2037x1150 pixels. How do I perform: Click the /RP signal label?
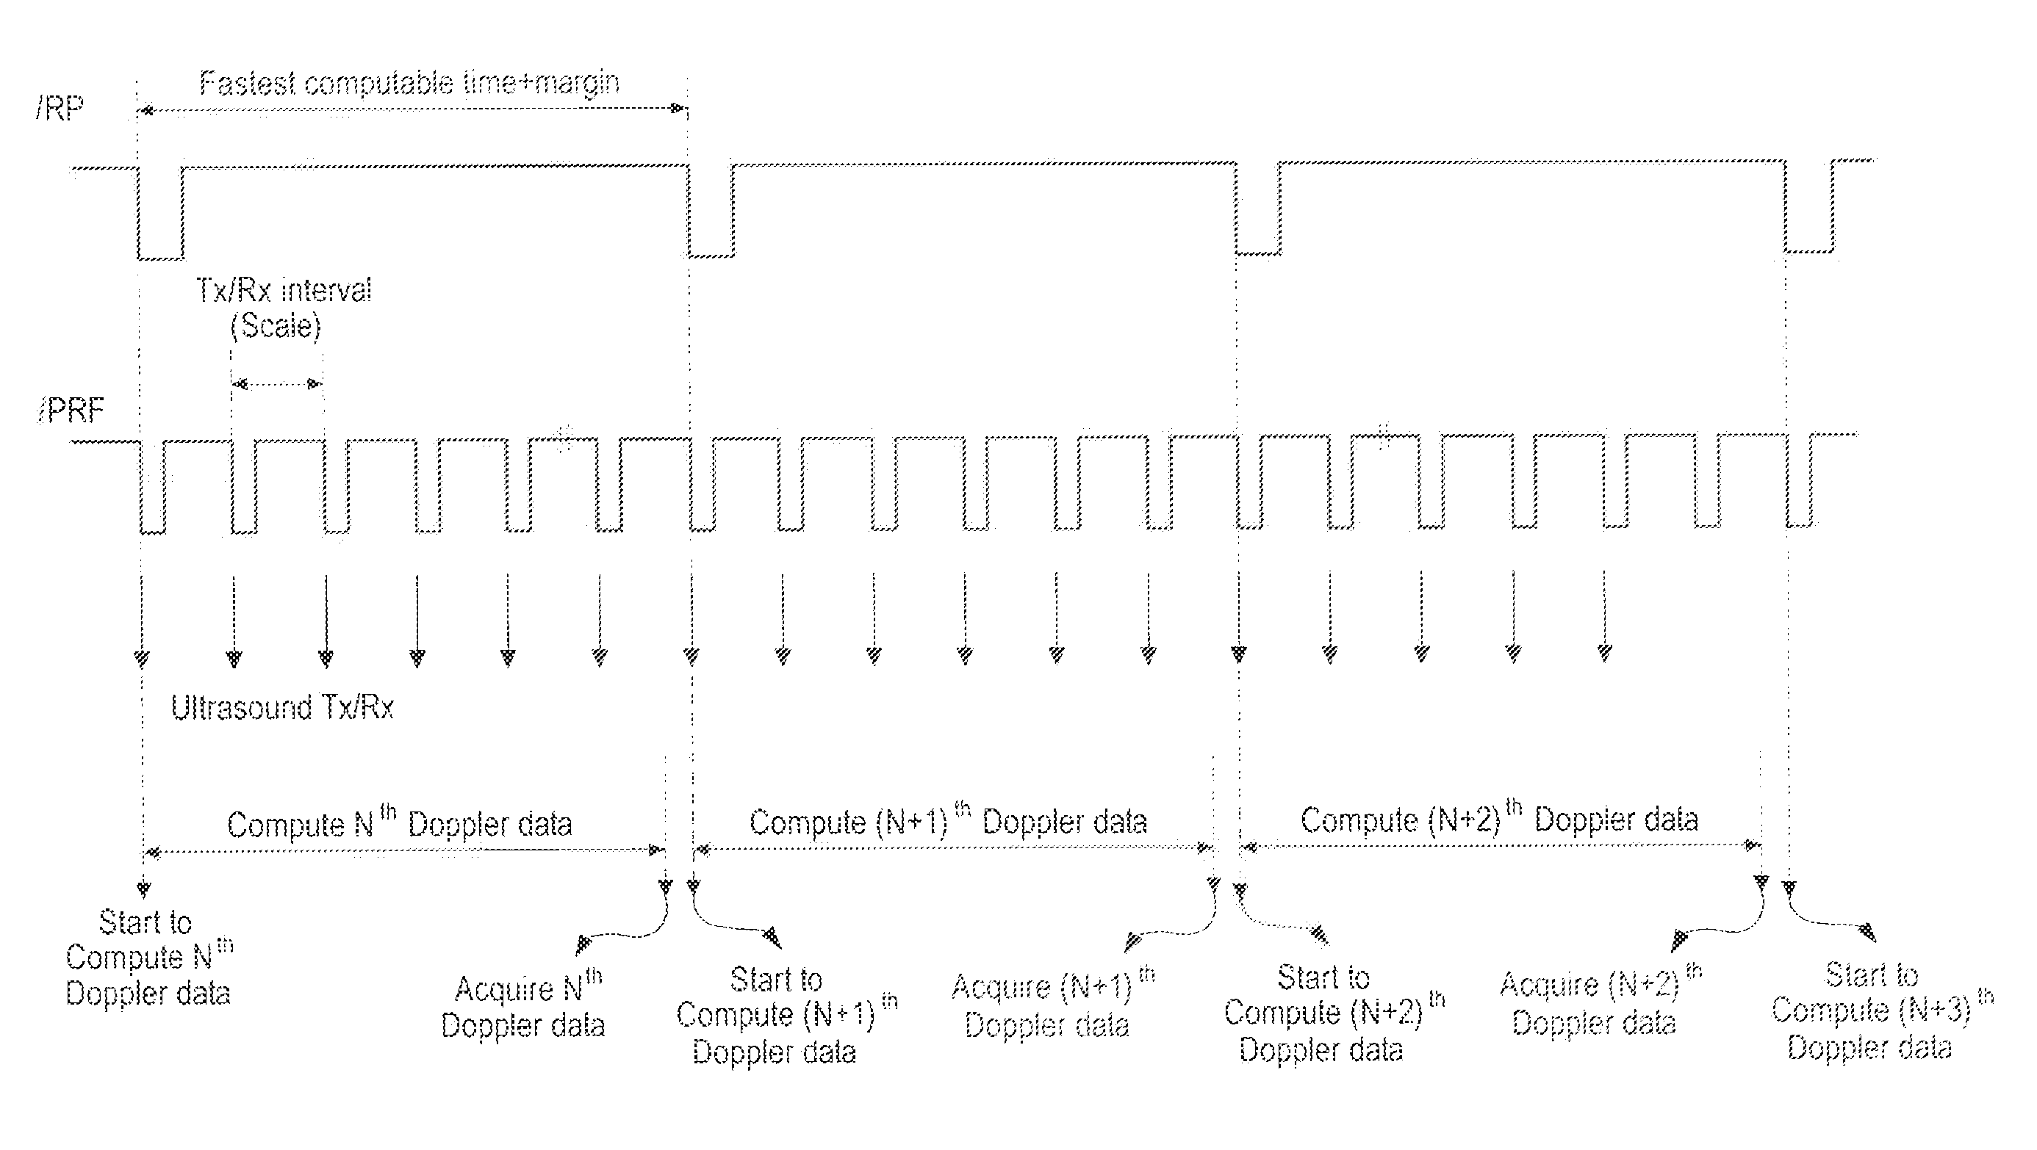[60, 108]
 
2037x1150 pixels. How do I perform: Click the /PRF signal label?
[71, 411]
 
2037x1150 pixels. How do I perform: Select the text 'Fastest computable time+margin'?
[409, 84]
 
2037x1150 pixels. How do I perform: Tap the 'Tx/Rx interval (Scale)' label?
[282, 308]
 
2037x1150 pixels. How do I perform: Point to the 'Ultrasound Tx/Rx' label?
[282, 706]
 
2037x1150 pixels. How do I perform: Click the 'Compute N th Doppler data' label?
[399, 822]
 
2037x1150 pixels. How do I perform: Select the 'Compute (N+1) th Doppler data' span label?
[948, 820]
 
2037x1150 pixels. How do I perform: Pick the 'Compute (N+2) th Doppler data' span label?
[1499, 818]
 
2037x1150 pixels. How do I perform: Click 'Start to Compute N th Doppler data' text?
[148, 958]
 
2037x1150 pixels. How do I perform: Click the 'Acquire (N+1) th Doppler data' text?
[1052, 1002]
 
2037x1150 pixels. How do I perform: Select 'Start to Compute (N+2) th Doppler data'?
[1334, 1014]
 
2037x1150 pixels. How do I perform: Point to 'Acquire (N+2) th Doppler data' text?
[1600, 1000]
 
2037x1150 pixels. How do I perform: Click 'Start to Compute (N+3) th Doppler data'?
[1882, 1012]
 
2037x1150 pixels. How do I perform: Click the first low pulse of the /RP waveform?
[160, 213]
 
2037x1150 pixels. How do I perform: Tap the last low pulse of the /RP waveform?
[1809, 206]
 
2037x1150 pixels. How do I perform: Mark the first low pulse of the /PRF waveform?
[153, 487]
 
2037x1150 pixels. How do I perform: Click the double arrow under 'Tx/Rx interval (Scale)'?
[278, 384]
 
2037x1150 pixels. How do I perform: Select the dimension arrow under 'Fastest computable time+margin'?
[412, 109]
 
